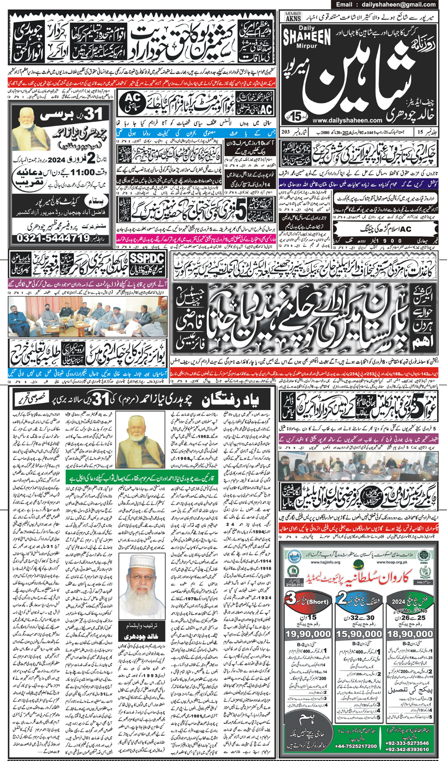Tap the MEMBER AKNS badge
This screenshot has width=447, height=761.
[x=293, y=16]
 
